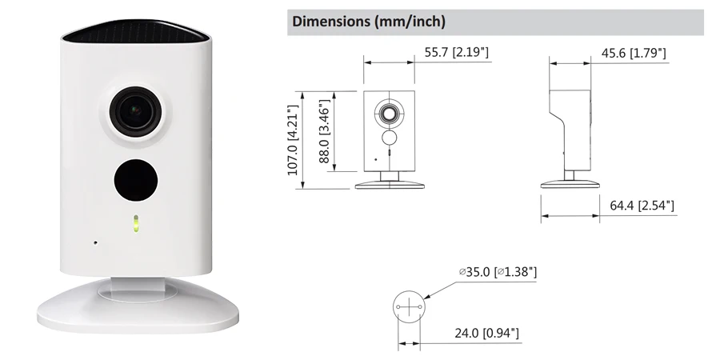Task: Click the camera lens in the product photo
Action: point(136,110)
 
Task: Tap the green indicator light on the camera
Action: point(135,224)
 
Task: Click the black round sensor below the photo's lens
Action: point(136,180)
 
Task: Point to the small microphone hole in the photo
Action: point(95,242)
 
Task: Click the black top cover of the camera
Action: point(136,31)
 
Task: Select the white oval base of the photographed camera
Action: point(138,306)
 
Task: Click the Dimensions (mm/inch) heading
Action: point(369,22)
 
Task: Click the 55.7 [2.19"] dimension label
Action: point(457,52)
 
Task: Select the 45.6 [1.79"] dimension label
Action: point(634,53)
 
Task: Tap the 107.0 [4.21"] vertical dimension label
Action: point(293,140)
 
